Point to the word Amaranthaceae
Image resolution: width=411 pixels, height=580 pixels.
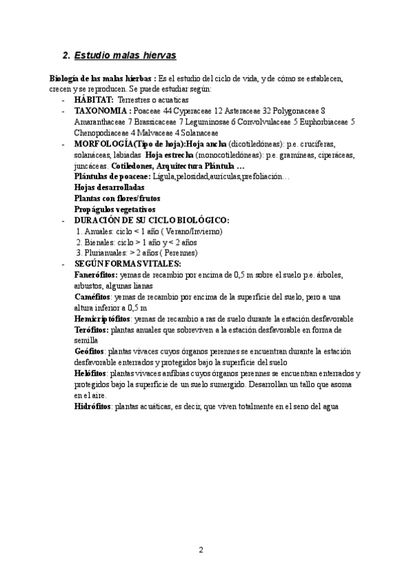pos(100,121)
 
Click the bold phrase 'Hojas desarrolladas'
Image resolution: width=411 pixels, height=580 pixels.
pos(109,187)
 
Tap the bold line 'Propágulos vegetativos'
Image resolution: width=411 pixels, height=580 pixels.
pos(114,209)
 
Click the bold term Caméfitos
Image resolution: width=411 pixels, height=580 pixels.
pos(94,297)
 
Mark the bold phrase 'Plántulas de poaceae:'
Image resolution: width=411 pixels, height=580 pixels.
pos(112,176)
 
